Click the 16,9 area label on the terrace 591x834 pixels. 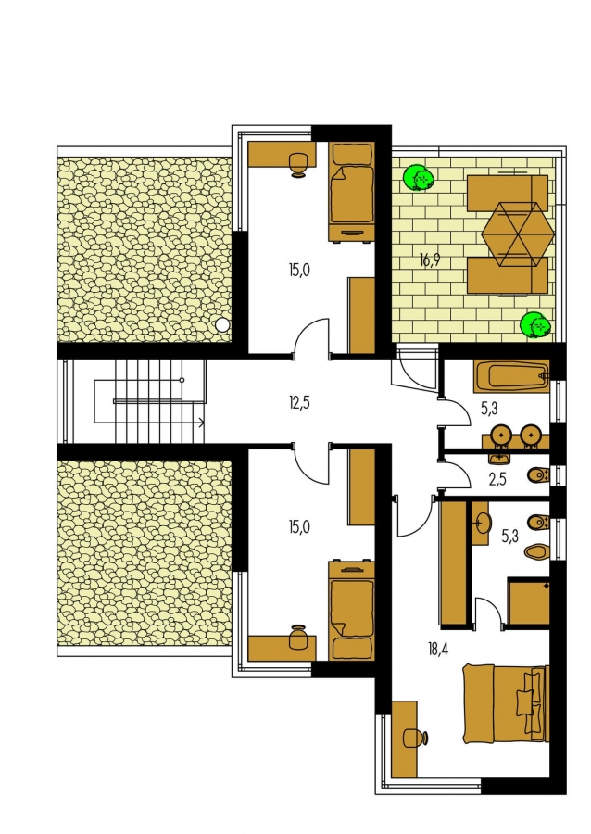430,260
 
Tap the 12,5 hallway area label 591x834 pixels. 299,403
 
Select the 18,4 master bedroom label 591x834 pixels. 437,649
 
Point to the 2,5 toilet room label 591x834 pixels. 497,479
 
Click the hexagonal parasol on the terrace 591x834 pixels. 518,234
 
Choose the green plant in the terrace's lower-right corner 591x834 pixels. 534,325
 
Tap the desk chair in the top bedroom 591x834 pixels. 298,164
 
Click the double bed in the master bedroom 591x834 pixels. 505,702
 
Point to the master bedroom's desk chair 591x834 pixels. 415,738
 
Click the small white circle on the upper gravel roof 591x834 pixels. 222,325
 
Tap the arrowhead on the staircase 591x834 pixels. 201,423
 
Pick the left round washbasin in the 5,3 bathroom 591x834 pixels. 500,435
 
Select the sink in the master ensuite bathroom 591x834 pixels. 482,523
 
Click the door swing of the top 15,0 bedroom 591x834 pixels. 310,335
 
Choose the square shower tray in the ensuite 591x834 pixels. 528,600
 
